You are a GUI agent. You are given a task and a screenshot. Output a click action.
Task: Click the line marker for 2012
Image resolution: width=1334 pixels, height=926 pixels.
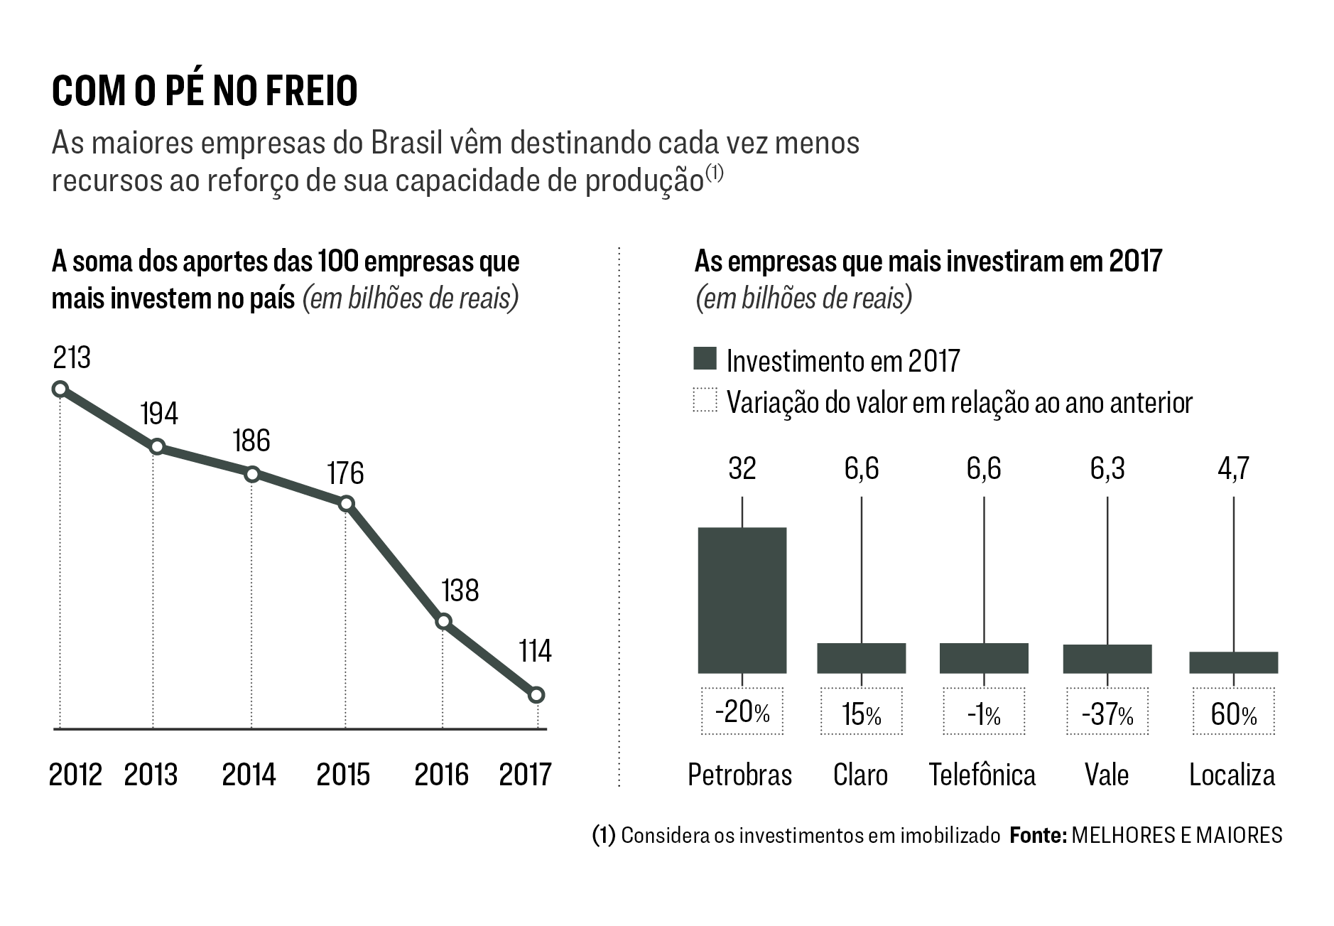click(60, 389)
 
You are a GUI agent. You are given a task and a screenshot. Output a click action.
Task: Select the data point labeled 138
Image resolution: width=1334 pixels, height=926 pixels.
click(443, 621)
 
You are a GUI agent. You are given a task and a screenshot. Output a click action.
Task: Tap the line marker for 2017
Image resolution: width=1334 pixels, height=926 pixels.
click(536, 694)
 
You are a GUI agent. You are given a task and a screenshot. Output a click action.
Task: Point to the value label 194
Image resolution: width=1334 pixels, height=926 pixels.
click(159, 414)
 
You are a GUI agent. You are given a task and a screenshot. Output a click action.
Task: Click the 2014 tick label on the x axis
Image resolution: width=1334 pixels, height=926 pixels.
click(249, 774)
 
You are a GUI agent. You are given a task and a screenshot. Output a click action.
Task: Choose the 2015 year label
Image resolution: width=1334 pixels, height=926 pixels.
click(343, 774)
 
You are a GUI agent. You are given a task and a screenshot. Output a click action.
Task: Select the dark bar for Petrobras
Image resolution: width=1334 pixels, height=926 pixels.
click(742, 600)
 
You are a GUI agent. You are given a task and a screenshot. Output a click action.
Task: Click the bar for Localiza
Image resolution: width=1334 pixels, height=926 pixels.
click(1233, 662)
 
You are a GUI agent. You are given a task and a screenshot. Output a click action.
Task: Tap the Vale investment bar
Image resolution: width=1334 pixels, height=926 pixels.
click(1107, 659)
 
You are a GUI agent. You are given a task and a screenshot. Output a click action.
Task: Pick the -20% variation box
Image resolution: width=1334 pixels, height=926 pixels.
click(742, 711)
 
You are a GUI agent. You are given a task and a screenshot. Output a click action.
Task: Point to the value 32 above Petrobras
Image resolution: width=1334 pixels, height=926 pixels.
click(742, 469)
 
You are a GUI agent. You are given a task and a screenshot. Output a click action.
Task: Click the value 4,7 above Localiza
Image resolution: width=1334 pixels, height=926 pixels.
click(1233, 469)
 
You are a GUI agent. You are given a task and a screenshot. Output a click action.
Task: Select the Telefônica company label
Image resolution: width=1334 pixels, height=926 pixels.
click(982, 774)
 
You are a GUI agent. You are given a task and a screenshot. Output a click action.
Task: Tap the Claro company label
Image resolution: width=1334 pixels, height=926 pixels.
click(861, 774)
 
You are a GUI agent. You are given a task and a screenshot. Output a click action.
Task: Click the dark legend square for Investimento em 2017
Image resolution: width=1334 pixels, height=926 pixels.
click(705, 358)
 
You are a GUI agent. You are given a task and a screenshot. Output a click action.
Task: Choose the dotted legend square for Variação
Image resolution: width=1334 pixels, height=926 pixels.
click(705, 400)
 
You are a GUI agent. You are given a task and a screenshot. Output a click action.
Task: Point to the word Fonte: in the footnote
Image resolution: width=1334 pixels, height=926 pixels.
click(1038, 835)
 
